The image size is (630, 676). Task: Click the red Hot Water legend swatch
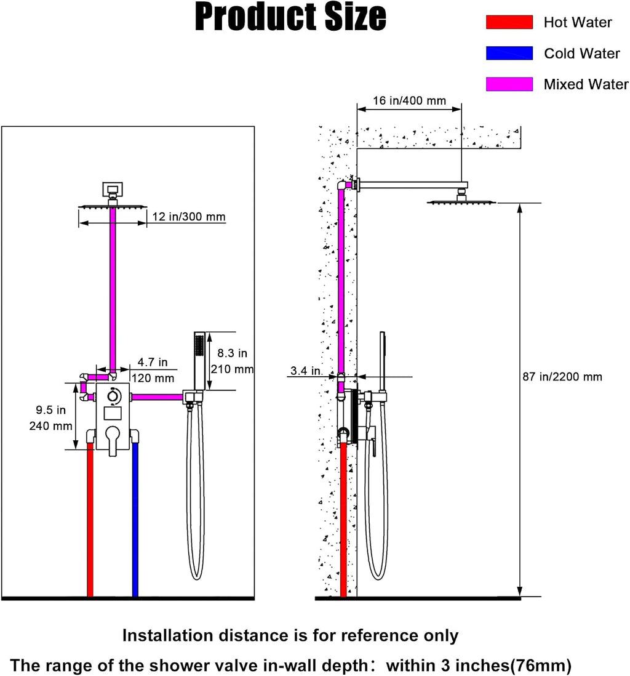tap(509, 22)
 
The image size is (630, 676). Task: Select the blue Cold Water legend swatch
tap(509, 53)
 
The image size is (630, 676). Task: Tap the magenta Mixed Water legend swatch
tap(509, 84)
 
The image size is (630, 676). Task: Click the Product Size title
tap(290, 17)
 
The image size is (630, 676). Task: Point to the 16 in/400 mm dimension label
tap(409, 100)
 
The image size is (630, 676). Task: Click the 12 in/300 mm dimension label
tap(189, 217)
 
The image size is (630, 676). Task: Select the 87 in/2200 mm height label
tap(562, 377)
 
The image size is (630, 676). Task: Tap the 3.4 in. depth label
tap(306, 371)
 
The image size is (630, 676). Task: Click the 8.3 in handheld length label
tap(233, 353)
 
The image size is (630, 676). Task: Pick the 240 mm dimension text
tap(51, 426)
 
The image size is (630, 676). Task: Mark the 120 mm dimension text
tap(153, 378)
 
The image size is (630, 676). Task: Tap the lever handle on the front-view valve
tap(113, 440)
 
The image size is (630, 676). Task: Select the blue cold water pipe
tap(135, 520)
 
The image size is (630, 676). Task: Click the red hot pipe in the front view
tap(90, 520)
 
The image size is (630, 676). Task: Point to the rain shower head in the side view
tap(461, 201)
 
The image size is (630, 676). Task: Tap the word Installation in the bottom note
tap(168, 635)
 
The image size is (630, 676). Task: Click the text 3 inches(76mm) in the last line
tap(513, 665)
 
